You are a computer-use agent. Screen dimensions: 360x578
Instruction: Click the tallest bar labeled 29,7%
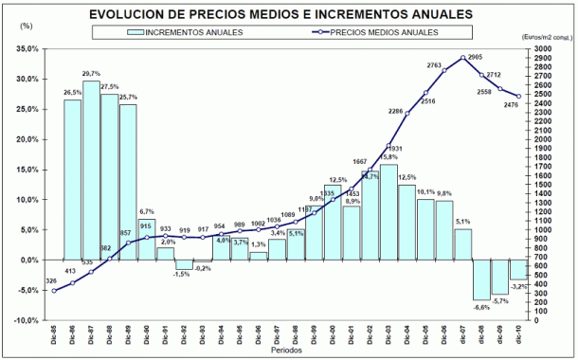point(91,171)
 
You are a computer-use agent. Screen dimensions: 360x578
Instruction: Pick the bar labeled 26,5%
point(72,180)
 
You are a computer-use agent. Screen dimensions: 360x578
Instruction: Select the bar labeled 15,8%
point(388,212)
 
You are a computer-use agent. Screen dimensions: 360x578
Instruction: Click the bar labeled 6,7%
point(147,240)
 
